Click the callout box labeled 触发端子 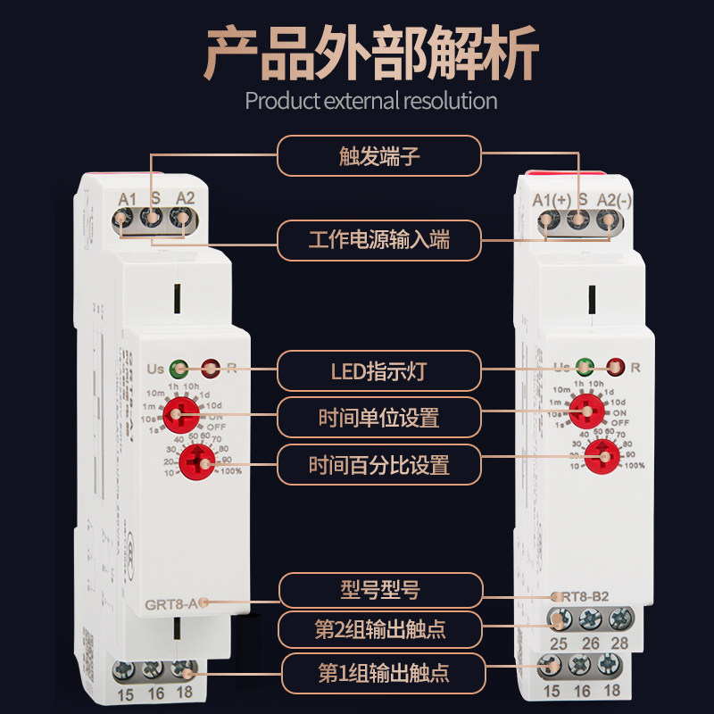tap(379, 158)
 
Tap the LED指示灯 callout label tap(379, 368)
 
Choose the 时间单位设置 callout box tap(379, 417)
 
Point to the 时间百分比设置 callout tap(379, 465)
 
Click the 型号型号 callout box tap(379, 590)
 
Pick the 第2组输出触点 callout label tap(379, 630)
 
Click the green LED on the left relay tap(179, 366)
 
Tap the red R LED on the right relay tap(614, 366)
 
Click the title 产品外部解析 tap(372, 54)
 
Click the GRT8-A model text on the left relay tap(173, 603)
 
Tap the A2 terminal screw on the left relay tap(185, 217)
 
